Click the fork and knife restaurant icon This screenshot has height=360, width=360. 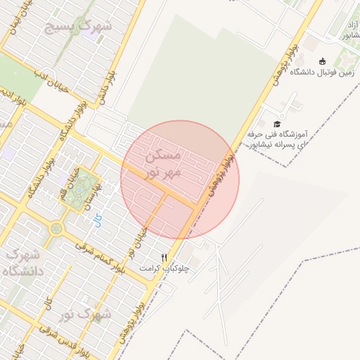point(165,257)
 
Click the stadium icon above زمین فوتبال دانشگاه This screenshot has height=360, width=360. point(322,61)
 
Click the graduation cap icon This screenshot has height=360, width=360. point(276,124)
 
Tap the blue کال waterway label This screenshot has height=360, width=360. point(98,220)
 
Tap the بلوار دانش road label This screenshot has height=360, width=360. point(105,91)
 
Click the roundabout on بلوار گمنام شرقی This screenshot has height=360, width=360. point(56,229)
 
